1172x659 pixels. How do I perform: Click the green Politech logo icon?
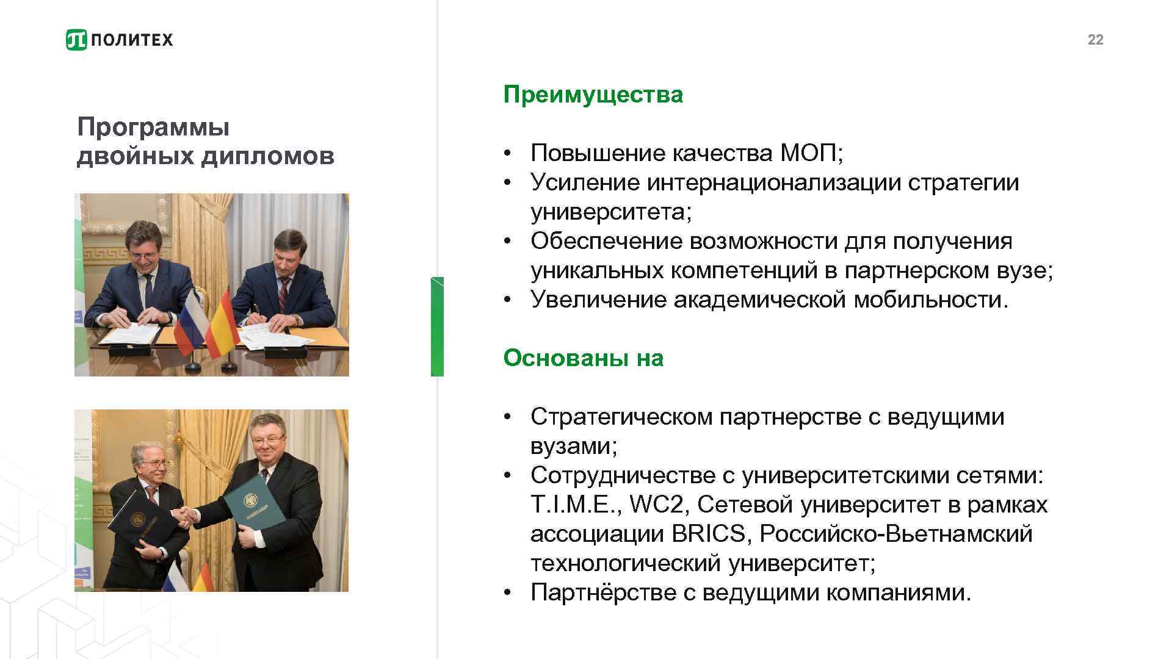pyautogui.click(x=76, y=40)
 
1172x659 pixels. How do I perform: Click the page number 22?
pyautogui.click(x=1095, y=40)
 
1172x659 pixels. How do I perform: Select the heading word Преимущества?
pyautogui.click(x=593, y=95)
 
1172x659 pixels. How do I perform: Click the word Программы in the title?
pyautogui.click(x=153, y=128)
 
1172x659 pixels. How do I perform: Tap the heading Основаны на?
pyautogui.click(x=583, y=358)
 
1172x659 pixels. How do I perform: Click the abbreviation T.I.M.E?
pyautogui.click(x=576, y=505)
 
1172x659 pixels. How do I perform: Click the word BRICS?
pyautogui.click(x=709, y=534)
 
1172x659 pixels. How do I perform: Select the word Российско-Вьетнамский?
pyautogui.click(x=895, y=534)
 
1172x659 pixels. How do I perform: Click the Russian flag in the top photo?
pyautogui.click(x=189, y=323)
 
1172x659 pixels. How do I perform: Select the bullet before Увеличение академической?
pyautogui.click(x=507, y=300)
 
